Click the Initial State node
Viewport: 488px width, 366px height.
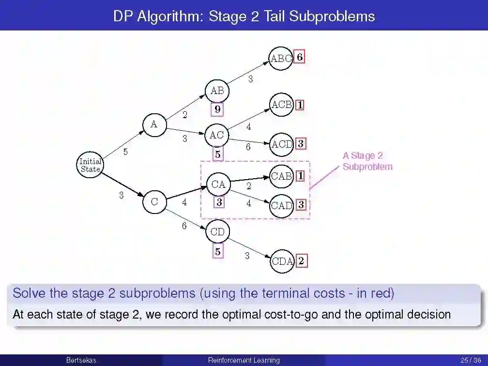point(91,165)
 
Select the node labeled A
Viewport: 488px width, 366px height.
point(154,124)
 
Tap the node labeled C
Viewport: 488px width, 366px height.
point(154,201)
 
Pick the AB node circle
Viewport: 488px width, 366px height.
point(217,91)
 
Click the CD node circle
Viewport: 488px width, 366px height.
point(218,232)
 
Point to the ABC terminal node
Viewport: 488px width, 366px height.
point(281,59)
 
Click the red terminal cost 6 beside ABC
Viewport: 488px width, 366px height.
point(300,57)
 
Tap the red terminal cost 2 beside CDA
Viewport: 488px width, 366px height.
point(301,261)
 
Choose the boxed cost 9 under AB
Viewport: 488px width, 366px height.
point(218,110)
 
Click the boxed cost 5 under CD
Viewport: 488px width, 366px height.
point(218,252)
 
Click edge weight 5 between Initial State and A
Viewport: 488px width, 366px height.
point(125,152)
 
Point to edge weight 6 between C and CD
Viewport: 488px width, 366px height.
point(184,226)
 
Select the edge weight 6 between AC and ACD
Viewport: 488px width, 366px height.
point(248,147)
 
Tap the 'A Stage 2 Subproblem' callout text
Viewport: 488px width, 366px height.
point(367,161)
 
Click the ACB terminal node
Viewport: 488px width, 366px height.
point(281,105)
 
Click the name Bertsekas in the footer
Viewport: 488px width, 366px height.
point(81,360)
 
